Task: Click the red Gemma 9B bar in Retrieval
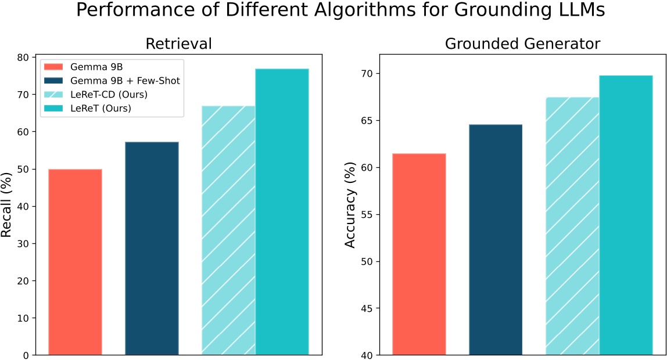tap(75, 262)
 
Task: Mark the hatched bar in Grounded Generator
tap(572, 226)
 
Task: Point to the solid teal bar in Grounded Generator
tap(626, 215)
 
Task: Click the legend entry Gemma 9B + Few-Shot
tap(124, 80)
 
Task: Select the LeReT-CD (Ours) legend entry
tap(108, 94)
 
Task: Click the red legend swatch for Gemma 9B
tap(53, 67)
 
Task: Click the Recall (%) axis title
tap(7, 204)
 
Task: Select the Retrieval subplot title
tap(178, 44)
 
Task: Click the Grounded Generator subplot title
tap(522, 44)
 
